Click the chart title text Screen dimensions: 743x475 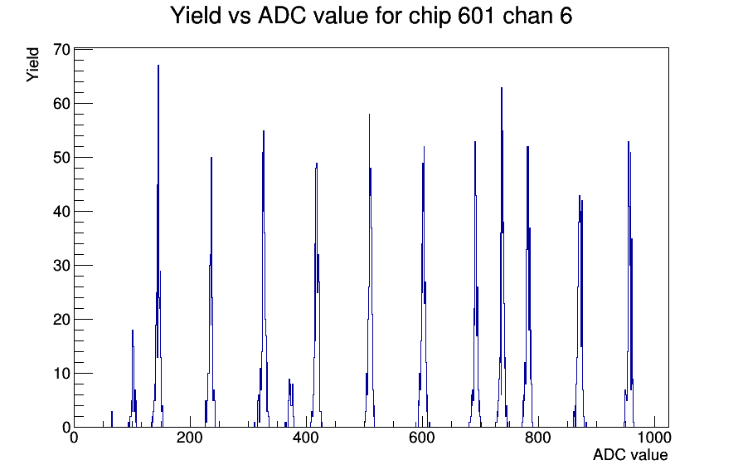371,16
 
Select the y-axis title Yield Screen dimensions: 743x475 32,65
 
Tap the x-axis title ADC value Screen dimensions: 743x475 630,454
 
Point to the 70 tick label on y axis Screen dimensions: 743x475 61,49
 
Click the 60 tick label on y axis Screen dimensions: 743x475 61,104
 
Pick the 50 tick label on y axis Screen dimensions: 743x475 61,158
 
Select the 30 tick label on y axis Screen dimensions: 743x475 61,265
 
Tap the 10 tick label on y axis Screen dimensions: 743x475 61,374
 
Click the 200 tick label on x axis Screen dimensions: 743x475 190,437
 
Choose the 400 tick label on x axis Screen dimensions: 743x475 306,437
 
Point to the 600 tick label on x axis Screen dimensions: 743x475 422,437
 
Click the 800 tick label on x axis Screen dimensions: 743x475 538,437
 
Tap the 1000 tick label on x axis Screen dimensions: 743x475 654,437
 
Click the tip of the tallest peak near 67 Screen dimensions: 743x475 158,65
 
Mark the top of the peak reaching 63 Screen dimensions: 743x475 502,87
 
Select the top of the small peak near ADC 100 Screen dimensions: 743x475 133,330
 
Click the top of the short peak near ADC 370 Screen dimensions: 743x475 289,380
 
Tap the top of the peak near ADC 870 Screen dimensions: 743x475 579,195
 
